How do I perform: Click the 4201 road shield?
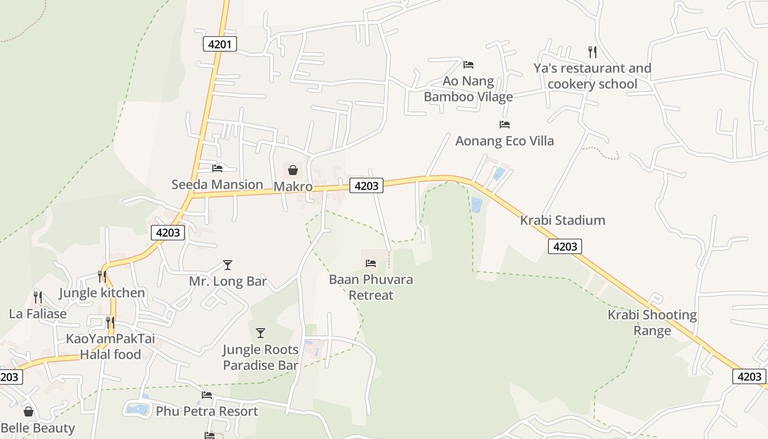(220, 44)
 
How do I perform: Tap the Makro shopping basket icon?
(293, 170)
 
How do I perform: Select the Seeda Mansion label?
(217, 184)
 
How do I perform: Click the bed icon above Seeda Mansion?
(217, 168)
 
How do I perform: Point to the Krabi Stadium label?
(562, 220)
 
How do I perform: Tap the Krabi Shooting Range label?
(652, 323)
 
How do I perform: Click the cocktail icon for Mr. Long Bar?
(228, 265)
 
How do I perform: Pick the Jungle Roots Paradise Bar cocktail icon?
(261, 333)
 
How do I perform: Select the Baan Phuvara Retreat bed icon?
(371, 263)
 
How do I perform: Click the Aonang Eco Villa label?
(505, 141)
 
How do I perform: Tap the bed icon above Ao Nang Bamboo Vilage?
(468, 64)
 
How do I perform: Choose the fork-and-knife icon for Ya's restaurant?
(592, 52)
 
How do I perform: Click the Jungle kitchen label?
(102, 292)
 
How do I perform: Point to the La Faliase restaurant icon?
(37, 297)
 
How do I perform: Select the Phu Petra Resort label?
(207, 411)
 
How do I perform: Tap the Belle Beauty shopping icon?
(29, 412)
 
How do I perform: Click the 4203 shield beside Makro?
(366, 185)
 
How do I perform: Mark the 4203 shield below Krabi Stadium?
(565, 246)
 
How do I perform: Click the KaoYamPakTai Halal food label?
(110, 346)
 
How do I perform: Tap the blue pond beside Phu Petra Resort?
(137, 408)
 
